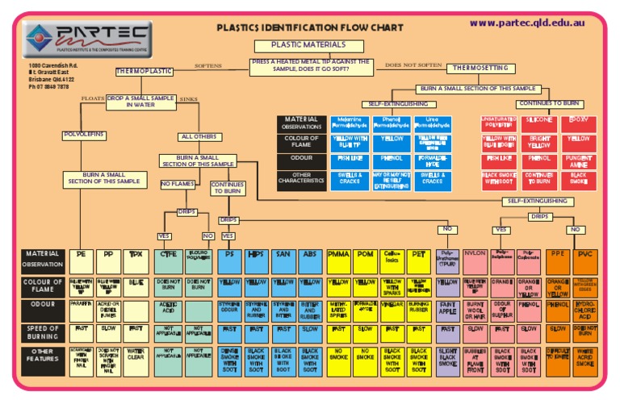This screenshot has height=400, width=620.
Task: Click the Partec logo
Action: (86, 39)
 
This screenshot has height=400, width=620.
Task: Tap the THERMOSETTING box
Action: (479, 68)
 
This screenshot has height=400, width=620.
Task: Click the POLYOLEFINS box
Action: (84, 135)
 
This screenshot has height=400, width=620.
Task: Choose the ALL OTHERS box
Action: (199, 136)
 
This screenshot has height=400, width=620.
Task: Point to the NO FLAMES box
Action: (178, 184)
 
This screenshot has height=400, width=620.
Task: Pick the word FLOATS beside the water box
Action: (93, 98)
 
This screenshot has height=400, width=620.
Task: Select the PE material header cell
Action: (82, 254)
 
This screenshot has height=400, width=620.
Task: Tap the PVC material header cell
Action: (584, 254)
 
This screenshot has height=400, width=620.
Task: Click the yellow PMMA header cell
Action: (338, 254)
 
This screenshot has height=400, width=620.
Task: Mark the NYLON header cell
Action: (475, 254)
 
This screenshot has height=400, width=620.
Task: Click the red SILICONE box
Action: (538, 119)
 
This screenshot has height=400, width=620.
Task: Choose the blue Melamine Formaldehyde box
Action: (350, 123)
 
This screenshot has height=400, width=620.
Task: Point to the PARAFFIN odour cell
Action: (82, 305)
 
